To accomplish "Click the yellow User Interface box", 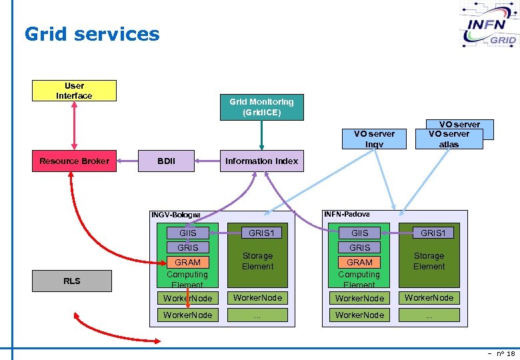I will click(x=74, y=91).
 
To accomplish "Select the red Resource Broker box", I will click(x=74, y=161).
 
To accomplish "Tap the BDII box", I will click(x=166, y=161).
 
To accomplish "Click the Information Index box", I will click(x=261, y=161).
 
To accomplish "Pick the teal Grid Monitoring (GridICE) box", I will click(x=261, y=107).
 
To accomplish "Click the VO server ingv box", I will click(x=374, y=139).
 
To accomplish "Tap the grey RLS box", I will click(x=72, y=281).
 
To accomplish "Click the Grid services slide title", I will click(x=92, y=34).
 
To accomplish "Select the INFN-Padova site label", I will click(x=347, y=214).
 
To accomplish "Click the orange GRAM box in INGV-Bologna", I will click(x=187, y=263).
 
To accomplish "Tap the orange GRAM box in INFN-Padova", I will click(x=359, y=263).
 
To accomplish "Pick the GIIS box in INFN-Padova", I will click(x=359, y=233).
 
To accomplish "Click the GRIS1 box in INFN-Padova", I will click(x=433, y=233).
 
